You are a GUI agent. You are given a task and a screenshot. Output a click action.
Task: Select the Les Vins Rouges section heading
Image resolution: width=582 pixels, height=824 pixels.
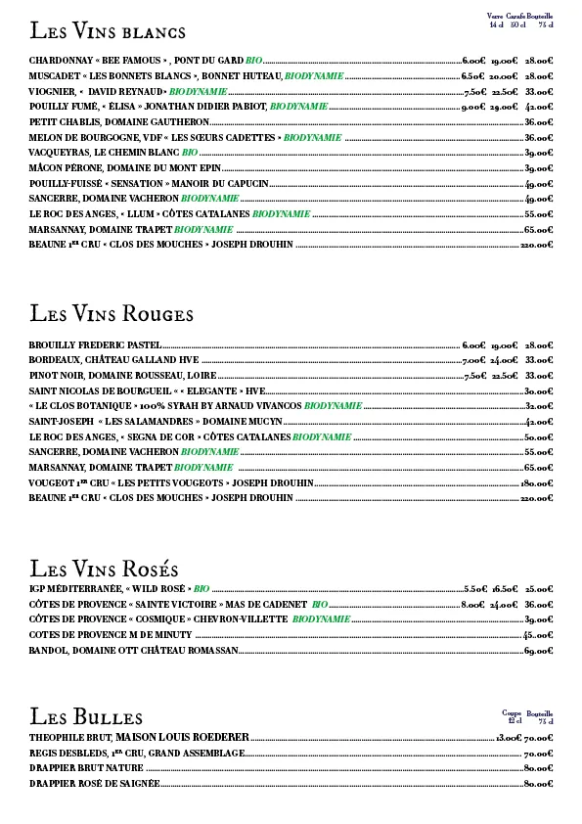(112, 314)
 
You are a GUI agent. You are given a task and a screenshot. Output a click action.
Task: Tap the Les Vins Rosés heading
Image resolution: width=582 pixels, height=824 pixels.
(104, 569)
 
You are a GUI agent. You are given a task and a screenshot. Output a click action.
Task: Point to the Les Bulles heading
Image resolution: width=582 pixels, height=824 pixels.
(86, 716)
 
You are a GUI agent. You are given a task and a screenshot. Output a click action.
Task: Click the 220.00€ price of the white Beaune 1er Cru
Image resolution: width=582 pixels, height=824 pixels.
(537, 245)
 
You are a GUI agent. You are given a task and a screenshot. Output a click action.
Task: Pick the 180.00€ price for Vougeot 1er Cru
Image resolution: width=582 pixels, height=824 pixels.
(537, 482)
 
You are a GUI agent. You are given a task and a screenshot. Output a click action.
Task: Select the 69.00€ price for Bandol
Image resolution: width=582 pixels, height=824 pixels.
(539, 651)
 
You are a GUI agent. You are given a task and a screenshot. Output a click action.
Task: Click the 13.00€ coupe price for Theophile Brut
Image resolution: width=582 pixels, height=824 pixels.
(509, 737)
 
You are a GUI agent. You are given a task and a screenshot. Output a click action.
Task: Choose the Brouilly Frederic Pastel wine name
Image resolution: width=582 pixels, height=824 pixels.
(95, 345)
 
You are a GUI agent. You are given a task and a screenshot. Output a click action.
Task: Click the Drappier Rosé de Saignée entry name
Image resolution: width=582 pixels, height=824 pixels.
(94, 784)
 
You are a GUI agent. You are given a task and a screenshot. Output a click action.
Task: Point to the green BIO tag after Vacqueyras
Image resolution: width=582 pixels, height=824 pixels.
(190, 153)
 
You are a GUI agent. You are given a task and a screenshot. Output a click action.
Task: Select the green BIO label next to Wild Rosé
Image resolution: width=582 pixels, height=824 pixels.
(201, 589)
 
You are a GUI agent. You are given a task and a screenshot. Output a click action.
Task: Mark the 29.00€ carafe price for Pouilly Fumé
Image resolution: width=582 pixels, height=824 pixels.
(504, 107)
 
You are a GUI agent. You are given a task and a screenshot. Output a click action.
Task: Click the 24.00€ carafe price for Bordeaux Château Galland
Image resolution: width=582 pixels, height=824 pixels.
(504, 360)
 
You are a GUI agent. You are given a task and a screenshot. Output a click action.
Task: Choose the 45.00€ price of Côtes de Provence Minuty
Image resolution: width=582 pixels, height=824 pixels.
(539, 635)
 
